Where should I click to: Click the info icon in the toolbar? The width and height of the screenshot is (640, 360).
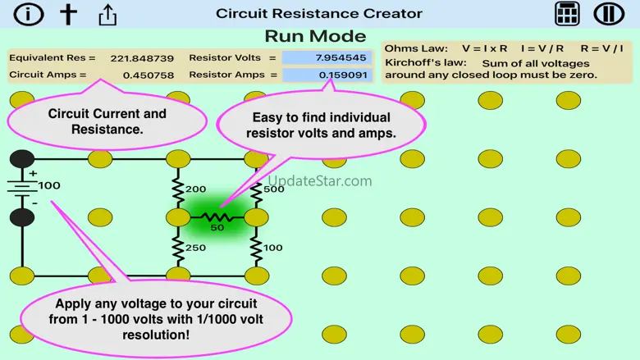pyautogui.click(x=29, y=14)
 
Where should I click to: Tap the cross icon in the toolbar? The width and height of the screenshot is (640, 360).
pyautogui.click(x=69, y=14)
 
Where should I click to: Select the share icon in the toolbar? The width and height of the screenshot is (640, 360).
pyautogui.click(x=107, y=14)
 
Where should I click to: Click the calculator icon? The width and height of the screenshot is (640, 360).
pyautogui.click(x=567, y=14)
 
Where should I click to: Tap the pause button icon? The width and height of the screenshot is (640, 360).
pyautogui.click(x=610, y=14)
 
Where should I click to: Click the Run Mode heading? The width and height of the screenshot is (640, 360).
pyautogui.click(x=315, y=36)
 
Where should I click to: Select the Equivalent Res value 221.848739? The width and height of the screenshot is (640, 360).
pyautogui.click(x=141, y=58)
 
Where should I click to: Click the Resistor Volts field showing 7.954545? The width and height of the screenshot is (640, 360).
pyautogui.click(x=327, y=58)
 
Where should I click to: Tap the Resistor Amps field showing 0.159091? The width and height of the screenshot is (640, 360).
pyautogui.click(x=327, y=75)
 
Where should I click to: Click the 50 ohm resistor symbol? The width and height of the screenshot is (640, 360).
pyautogui.click(x=217, y=217)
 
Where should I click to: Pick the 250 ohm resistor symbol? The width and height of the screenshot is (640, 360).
pyautogui.click(x=177, y=246)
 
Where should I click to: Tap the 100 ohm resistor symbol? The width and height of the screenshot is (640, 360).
pyautogui.click(x=256, y=246)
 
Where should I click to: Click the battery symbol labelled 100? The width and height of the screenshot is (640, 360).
pyautogui.click(x=23, y=188)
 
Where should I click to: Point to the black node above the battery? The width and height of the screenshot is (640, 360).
pyautogui.click(x=23, y=159)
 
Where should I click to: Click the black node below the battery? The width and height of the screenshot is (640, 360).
pyautogui.click(x=23, y=217)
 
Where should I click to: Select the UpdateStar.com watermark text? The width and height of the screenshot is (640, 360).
pyautogui.click(x=320, y=181)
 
